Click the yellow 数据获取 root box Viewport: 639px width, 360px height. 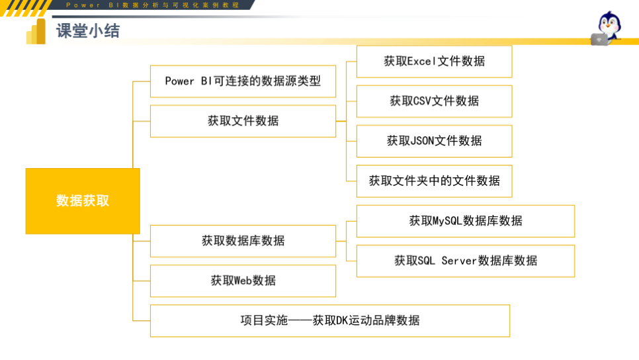83,201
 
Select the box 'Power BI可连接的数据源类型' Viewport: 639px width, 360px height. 243,81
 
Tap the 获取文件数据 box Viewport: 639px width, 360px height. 243,121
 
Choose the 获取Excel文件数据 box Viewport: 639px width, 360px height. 434,62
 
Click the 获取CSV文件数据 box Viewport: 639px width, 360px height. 434,101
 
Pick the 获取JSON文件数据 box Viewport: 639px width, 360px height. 434,141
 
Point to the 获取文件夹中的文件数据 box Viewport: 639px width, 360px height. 434,181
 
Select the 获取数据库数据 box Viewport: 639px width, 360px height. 243,241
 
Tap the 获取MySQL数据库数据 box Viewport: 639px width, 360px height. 465,221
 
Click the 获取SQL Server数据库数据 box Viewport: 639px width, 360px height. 465,261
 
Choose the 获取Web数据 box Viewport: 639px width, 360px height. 243,281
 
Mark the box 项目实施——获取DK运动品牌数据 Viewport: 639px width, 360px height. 329,321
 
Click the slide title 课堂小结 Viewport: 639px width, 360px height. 88,31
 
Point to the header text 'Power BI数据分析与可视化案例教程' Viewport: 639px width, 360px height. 152,5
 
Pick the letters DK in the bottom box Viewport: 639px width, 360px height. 341,321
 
